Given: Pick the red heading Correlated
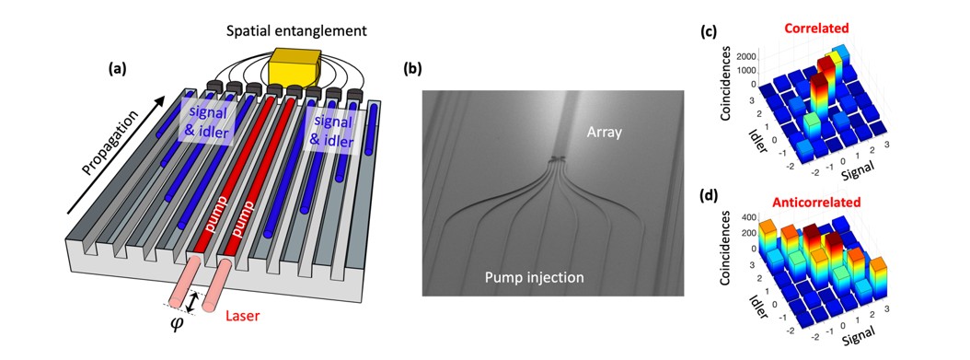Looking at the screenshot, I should (x=815, y=29).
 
